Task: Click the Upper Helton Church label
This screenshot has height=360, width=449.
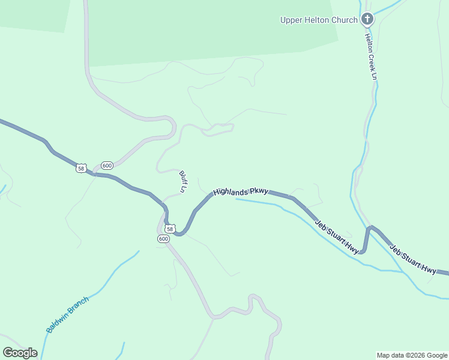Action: tap(319, 20)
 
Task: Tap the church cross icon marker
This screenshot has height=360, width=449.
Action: tap(367, 20)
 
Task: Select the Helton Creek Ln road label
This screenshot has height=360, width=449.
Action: tap(370, 56)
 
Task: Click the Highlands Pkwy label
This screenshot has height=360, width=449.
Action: tap(240, 192)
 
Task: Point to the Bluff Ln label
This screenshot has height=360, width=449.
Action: tap(183, 182)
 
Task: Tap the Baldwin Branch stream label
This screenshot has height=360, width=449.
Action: tap(67, 314)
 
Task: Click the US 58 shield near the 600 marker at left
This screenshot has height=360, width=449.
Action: tap(82, 168)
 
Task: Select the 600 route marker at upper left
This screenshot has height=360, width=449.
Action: tap(107, 165)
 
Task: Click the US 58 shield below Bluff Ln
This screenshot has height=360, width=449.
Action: tap(170, 229)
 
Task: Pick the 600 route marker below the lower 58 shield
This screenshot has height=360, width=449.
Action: tap(164, 239)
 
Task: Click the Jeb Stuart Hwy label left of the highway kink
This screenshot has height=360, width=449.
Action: tap(337, 236)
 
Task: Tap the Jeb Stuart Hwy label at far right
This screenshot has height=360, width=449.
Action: tap(413, 259)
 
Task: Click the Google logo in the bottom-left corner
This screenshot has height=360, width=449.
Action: tap(20, 352)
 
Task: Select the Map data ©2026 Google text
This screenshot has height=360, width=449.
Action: tap(412, 355)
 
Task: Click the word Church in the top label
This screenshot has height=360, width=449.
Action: tap(345, 20)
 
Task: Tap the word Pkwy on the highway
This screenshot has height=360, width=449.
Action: tap(258, 191)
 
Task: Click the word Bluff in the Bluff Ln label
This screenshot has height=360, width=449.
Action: tap(182, 178)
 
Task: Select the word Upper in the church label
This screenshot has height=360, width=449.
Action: tap(291, 20)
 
